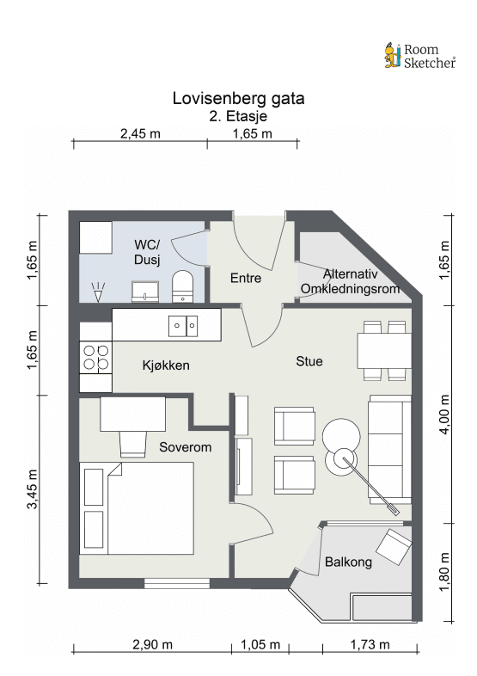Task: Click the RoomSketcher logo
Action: pos(419,56)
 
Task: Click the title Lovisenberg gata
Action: pos(238,98)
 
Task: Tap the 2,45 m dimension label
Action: pos(140,133)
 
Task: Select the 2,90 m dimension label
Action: pos(152,644)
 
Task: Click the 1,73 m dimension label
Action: pos(370,644)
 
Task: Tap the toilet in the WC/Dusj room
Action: pos(183,286)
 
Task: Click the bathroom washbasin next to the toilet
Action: pos(145,292)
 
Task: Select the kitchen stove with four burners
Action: pos(95,358)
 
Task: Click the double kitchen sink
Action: pos(183,326)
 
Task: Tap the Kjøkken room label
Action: pos(166,366)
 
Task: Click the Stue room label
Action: pos(309,361)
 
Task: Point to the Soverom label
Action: pos(186,447)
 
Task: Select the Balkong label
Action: pos(348,562)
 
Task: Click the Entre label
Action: pos(246,278)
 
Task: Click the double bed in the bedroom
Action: pos(137,509)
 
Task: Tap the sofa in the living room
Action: pos(389,450)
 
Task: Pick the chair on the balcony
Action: pos(394,547)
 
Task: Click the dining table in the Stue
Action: pos(384,351)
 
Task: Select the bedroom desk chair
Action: pos(132,444)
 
